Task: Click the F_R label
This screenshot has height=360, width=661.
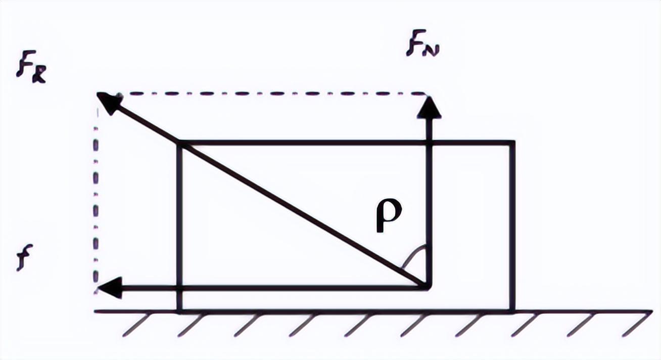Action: (x=30, y=71)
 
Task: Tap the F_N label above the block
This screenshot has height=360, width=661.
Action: (x=421, y=46)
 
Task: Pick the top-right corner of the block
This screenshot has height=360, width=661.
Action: (x=513, y=143)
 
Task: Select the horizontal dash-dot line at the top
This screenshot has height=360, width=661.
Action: (x=268, y=94)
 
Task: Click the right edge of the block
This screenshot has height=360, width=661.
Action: (x=513, y=228)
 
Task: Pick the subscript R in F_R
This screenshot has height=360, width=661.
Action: (x=38, y=75)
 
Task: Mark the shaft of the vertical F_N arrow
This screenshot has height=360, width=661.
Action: (x=429, y=202)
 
